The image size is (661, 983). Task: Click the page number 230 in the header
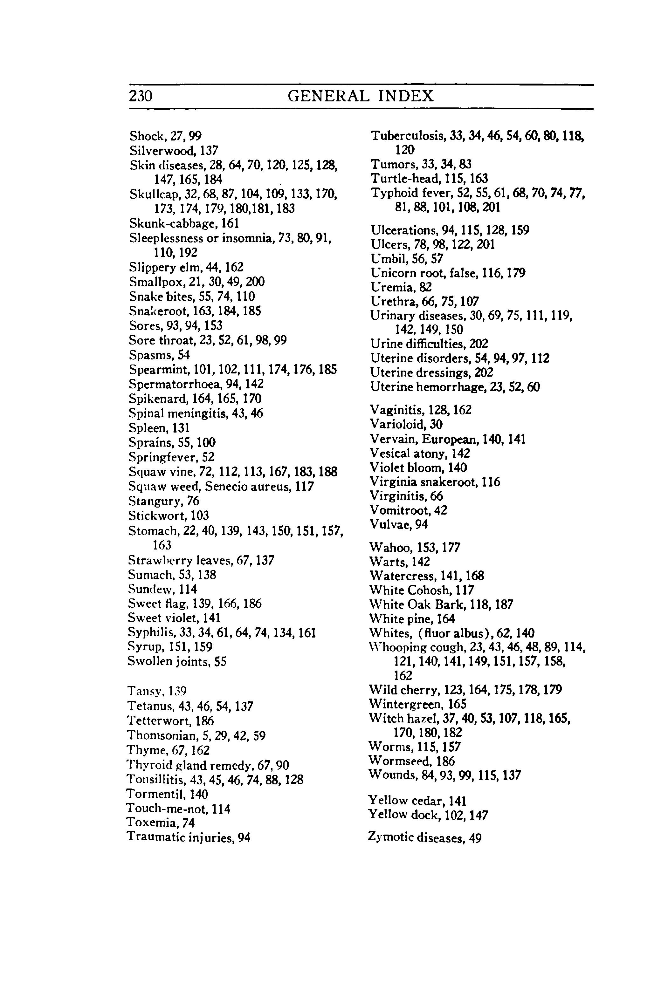[141, 97]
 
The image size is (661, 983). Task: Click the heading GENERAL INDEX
[361, 97]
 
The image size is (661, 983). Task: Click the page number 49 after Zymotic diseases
[475, 838]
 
